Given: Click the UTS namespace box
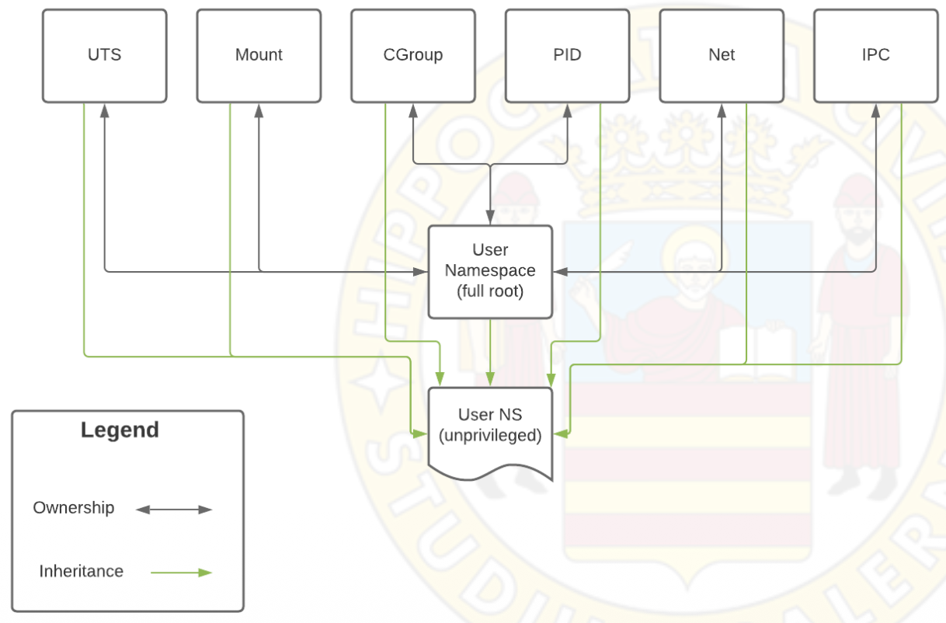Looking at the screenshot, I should click(104, 55).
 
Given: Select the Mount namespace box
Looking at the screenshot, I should click(259, 55).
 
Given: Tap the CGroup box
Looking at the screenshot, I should click(412, 55).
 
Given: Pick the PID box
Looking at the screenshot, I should click(567, 55).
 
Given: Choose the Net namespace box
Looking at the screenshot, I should click(722, 55).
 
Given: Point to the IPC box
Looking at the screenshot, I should click(875, 55).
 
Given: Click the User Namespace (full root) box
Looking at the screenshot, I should click(490, 271).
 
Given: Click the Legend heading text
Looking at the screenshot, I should click(120, 430).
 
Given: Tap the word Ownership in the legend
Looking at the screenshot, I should click(74, 508).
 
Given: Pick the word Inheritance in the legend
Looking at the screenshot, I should click(81, 572).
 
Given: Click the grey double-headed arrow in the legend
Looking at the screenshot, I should click(174, 510).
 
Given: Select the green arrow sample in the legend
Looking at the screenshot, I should click(181, 573).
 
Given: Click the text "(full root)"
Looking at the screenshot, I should click(490, 292).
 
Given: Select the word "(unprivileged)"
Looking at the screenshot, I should click(490, 436).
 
